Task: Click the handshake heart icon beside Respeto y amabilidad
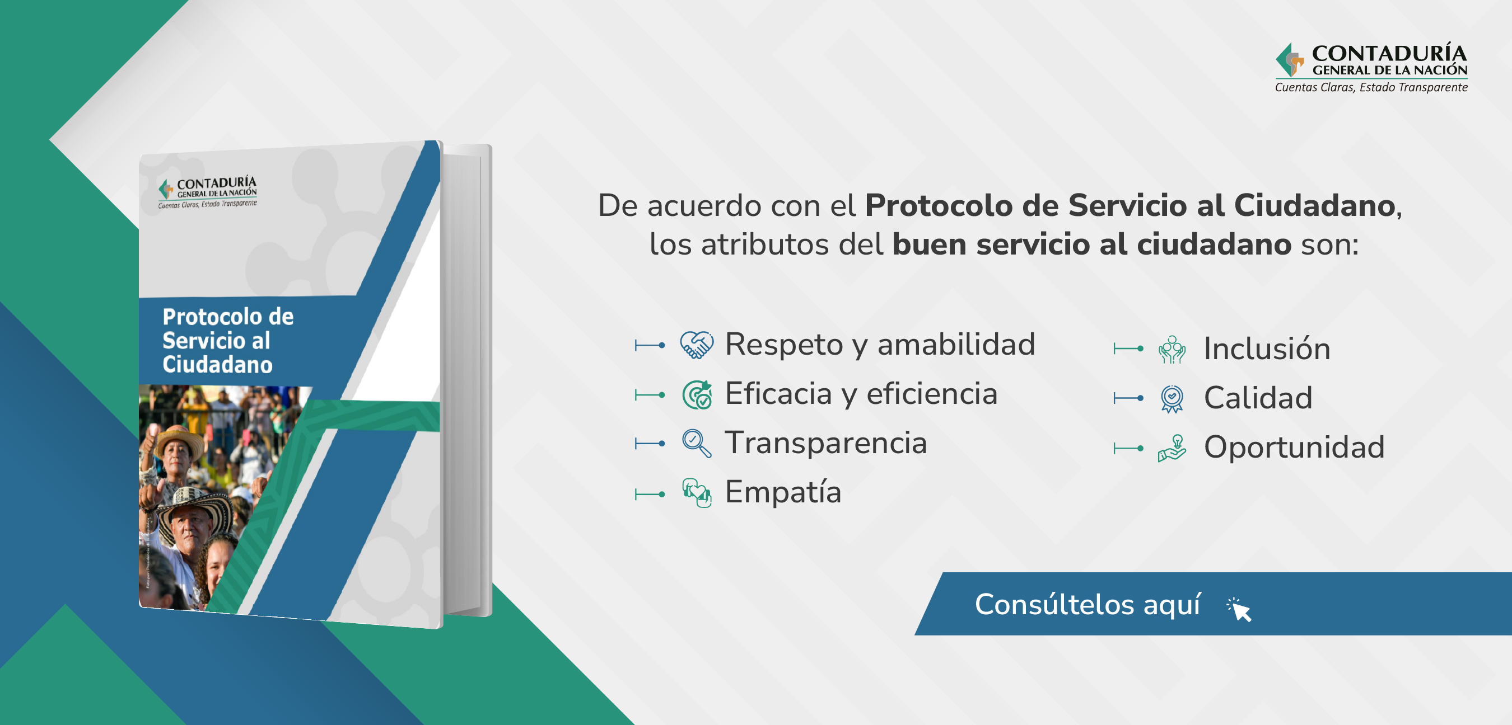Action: [697, 345]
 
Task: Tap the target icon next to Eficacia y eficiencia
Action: [697, 394]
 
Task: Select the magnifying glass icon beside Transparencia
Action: [697, 444]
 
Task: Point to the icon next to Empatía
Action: [697, 493]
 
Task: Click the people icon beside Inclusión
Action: [1172, 350]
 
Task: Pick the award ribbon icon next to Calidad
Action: [1172, 399]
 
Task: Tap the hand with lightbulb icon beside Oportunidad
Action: [1172, 448]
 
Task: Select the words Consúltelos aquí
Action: [1088, 605]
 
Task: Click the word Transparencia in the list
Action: [826, 443]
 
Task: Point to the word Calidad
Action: [1258, 398]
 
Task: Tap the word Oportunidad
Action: [1294, 448]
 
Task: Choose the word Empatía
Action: [783, 492]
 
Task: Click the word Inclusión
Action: [1267, 349]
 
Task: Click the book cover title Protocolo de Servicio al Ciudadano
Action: [228, 341]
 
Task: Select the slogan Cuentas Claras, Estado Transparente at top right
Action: [1371, 87]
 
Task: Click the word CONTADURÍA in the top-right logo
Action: [1389, 53]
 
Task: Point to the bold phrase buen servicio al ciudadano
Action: [1092, 244]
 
